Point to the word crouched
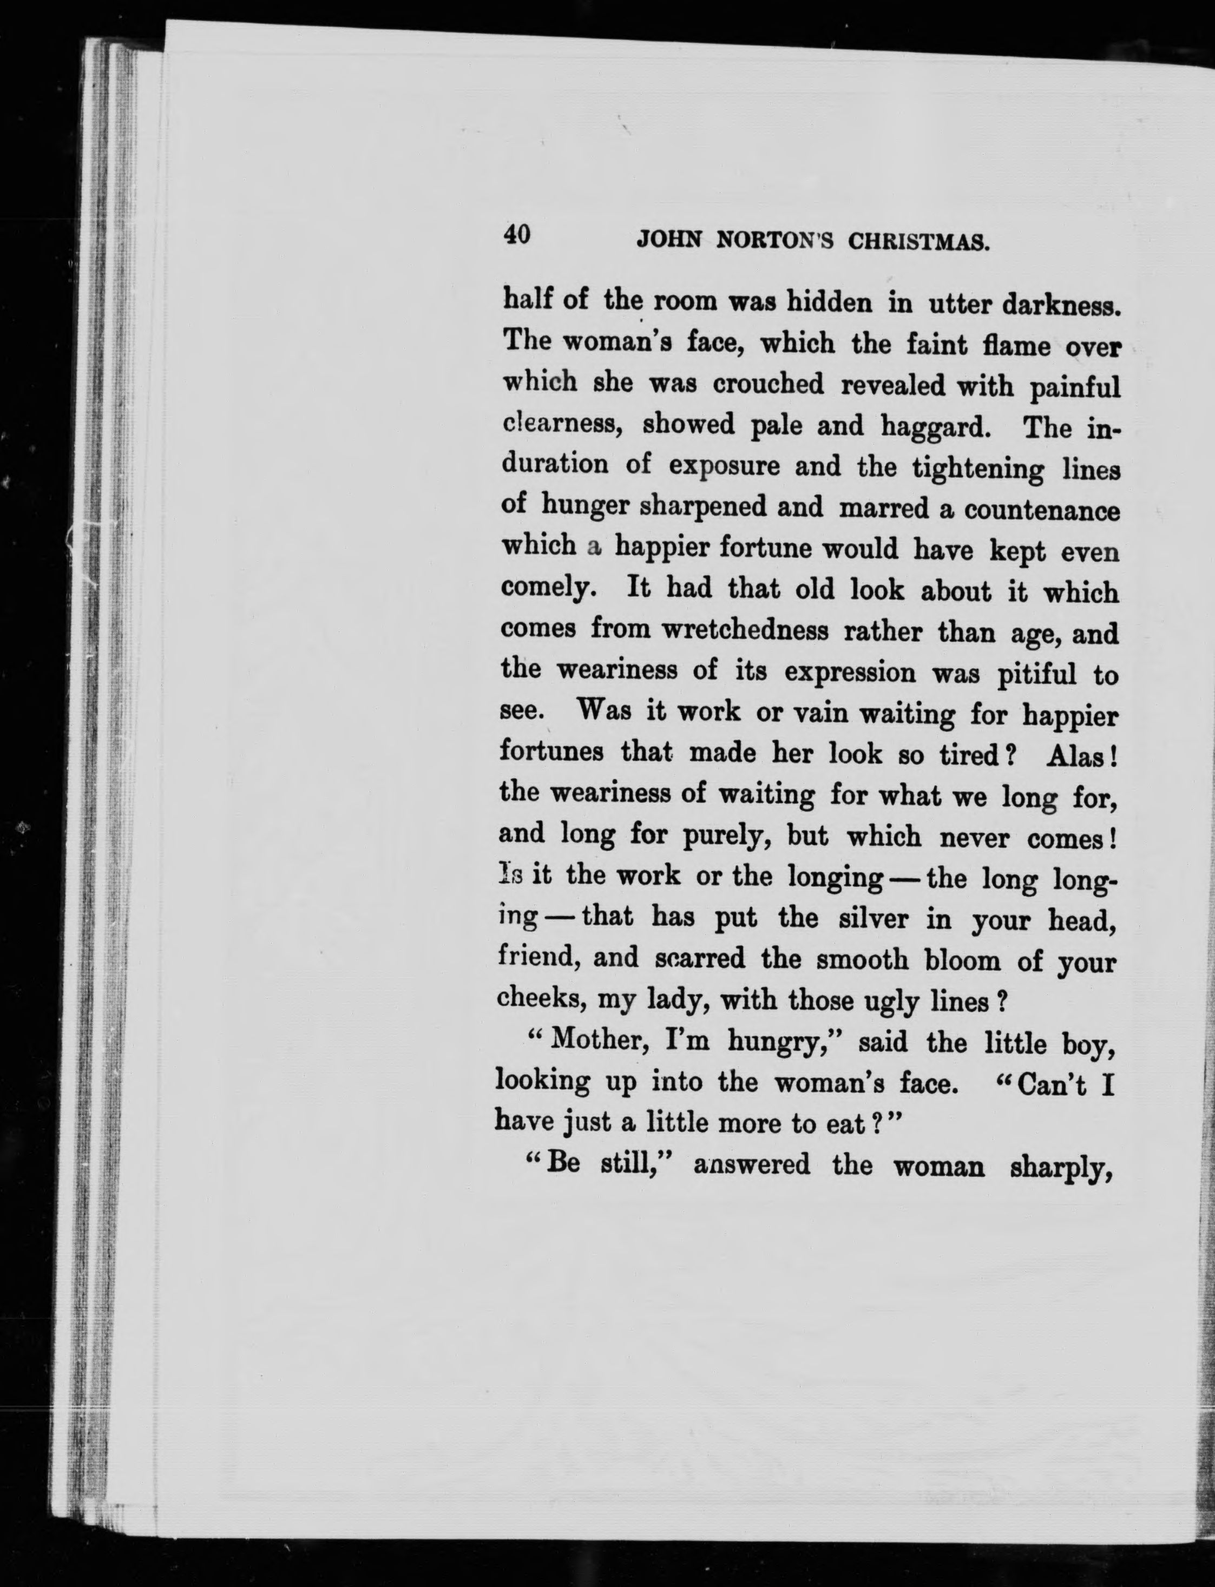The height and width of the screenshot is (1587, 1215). pos(768,384)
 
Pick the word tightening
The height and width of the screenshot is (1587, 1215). pos(978,469)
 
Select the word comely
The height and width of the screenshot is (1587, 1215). pos(548,589)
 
